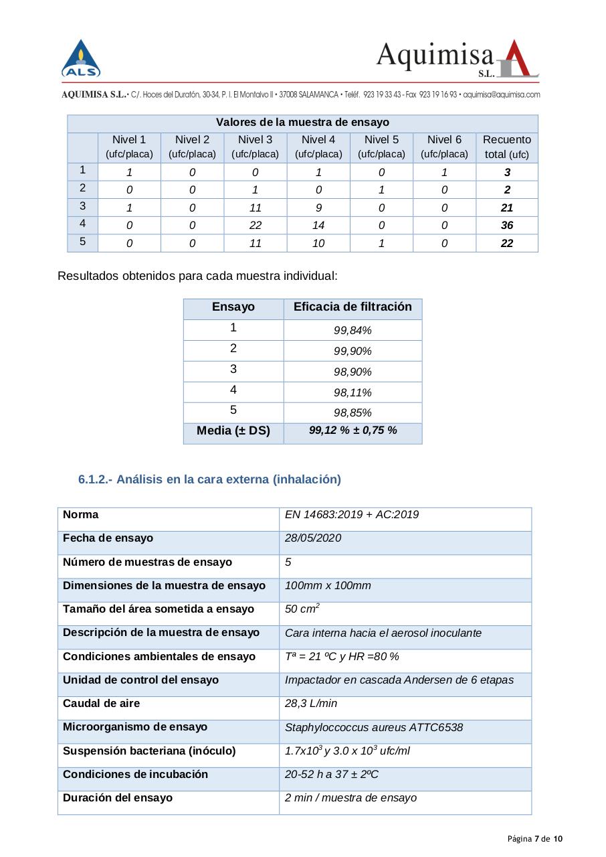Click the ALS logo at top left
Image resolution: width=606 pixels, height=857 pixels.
pyautogui.click(x=81, y=59)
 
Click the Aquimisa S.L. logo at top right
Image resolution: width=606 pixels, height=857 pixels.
pyautogui.click(x=458, y=60)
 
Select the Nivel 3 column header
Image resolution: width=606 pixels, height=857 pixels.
pyautogui.click(x=255, y=147)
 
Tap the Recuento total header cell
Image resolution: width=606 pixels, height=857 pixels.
pyautogui.click(x=506, y=147)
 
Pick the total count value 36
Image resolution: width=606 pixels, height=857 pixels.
pyautogui.click(x=507, y=226)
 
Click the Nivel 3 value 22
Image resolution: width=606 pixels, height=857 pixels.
pyautogui.click(x=255, y=226)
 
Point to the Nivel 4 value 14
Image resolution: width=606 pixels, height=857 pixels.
pyautogui.click(x=318, y=226)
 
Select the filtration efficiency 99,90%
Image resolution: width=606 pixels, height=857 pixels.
pyautogui.click(x=352, y=352)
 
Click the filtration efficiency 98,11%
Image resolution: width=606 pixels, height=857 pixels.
pyautogui.click(x=352, y=392)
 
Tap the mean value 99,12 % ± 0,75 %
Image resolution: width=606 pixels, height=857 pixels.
pyautogui.click(x=352, y=431)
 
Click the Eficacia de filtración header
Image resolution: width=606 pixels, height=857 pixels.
pyautogui.click(x=352, y=307)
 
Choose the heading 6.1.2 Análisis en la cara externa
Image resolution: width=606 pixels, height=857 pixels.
pyautogui.click(x=209, y=479)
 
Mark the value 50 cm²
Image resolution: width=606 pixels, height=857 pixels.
pyautogui.click(x=302, y=609)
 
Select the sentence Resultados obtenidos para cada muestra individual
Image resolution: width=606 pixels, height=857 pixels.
pyautogui.click(x=197, y=276)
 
